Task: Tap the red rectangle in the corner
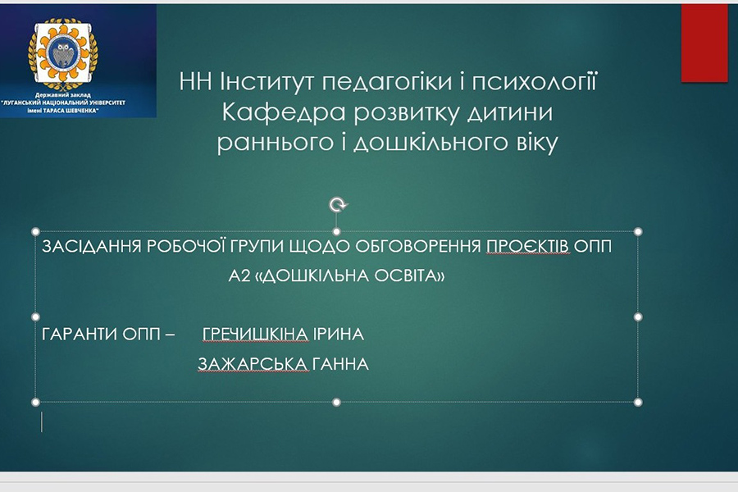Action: (704, 43)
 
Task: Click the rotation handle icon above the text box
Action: (337, 205)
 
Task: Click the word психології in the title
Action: (534, 83)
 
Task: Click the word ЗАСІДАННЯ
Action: (91, 246)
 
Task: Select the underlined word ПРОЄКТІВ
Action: (527, 246)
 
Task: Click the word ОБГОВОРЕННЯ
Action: (418, 246)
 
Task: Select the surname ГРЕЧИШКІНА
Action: (255, 335)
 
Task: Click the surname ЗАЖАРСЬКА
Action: (253, 364)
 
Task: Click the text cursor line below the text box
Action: (42, 421)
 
